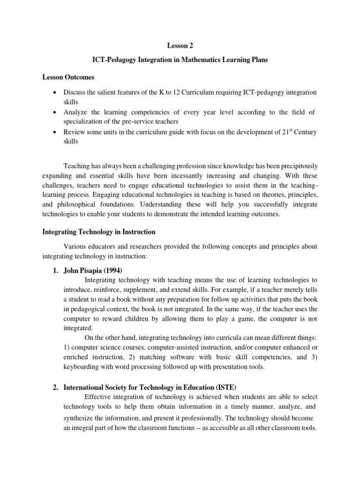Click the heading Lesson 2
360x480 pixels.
pos(180,46)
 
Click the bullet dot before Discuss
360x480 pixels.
pos(55,92)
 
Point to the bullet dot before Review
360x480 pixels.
pos(55,132)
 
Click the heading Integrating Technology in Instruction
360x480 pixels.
pos(98,232)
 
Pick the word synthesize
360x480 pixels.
pos(79,418)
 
